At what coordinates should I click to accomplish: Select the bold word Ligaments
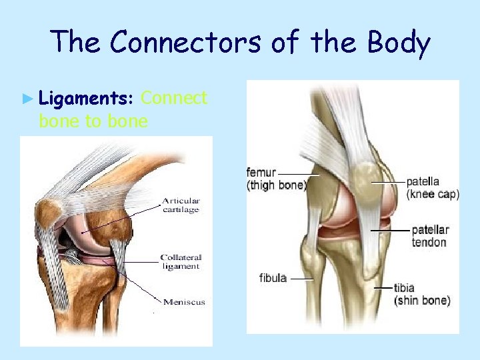(87, 99)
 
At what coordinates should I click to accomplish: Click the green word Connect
(175, 99)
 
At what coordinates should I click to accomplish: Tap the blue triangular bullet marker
(27, 99)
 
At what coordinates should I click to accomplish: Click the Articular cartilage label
(181, 205)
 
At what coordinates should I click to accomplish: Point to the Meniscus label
(182, 302)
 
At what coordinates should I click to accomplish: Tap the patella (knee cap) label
(432, 187)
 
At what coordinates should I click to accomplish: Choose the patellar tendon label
(429, 236)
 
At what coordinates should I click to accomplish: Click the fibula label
(273, 278)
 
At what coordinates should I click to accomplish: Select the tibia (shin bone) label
(422, 294)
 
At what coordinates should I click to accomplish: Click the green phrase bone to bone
(93, 121)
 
